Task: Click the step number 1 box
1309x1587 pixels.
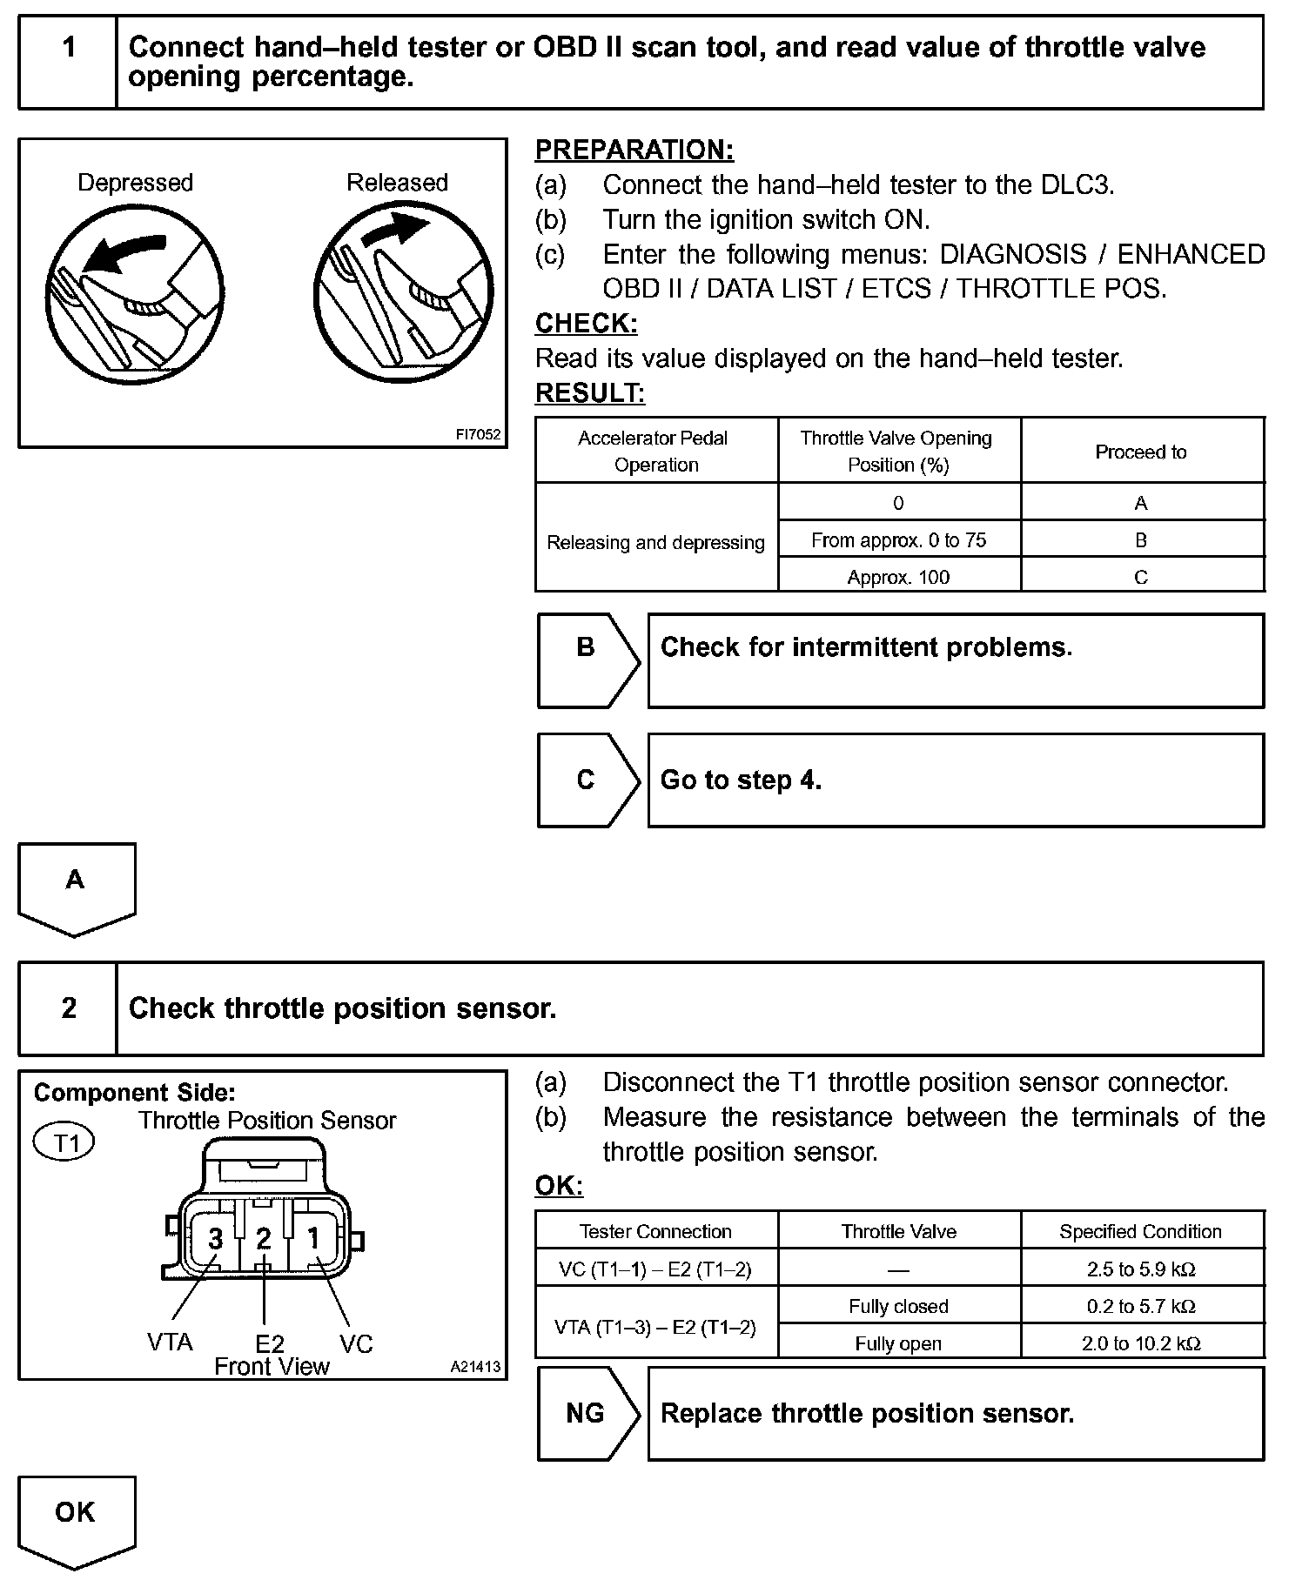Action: click(x=68, y=62)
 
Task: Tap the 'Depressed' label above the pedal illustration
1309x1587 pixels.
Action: click(x=135, y=183)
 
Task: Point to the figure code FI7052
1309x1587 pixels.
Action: click(x=479, y=434)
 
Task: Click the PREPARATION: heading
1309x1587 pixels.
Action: click(x=634, y=150)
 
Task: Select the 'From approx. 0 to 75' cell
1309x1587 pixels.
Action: click(x=898, y=540)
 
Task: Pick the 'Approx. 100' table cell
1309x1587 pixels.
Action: click(x=898, y=577)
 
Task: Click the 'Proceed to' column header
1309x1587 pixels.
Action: click(x=1140, y=452)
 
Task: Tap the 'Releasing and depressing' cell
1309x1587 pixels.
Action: click(x=655, y=542)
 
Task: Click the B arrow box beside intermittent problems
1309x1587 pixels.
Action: click(x=587, y=660)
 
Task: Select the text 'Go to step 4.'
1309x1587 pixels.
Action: click(x=741, y=780)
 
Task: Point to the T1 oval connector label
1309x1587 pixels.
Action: click(x=64, y=1142)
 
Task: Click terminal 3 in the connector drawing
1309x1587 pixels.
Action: click(x=216, y=1238)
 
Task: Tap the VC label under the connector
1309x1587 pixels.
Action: click(x=356, y=1344)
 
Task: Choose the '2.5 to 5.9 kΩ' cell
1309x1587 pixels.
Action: click(x=1140, y=1269)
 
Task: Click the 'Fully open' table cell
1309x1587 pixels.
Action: click(x=898, y=1343)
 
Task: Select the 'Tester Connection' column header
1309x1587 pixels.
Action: click(x=655, y=1231)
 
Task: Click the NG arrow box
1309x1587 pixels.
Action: click(x=587, y=1413)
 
